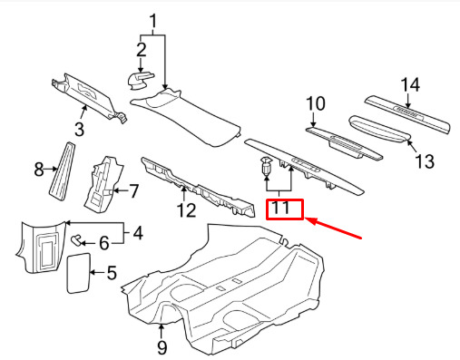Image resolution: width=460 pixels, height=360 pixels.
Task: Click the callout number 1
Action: [x=153, y=22]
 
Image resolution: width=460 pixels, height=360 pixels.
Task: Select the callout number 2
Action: [x=142, y=50]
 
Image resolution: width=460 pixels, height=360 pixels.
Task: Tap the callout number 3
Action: [x=79, y=129]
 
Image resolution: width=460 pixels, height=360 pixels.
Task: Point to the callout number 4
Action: [x=138, y=233]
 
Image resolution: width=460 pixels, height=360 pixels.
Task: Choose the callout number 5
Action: [x=112, y=273]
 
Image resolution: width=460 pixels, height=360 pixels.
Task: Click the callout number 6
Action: [x=104, y=243]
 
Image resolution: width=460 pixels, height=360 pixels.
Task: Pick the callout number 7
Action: [x=134, y=190]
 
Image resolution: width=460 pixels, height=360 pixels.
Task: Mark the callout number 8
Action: [x=39, y=170]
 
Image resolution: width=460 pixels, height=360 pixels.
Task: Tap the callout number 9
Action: [x=161, y=347]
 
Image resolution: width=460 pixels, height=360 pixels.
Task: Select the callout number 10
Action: [x=316, y=103]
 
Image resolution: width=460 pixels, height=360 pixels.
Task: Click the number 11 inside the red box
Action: [x=281, y=209]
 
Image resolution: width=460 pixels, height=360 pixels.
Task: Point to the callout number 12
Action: [x=186, y=210]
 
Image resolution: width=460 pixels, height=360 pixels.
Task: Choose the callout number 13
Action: [x=426, y=161]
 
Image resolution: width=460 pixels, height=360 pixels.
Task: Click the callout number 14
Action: [x=410, y=84]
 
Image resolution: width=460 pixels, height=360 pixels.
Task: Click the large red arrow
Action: [x=333, y=228]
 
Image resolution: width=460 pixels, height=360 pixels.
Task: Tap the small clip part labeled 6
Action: [x=75, y=240]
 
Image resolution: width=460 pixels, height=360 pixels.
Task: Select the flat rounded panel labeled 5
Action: [x=79, y=273]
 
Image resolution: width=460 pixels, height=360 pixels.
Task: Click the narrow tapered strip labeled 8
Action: [x=63, y=171]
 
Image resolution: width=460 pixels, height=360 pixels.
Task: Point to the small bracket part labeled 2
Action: [x=139, y=81]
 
